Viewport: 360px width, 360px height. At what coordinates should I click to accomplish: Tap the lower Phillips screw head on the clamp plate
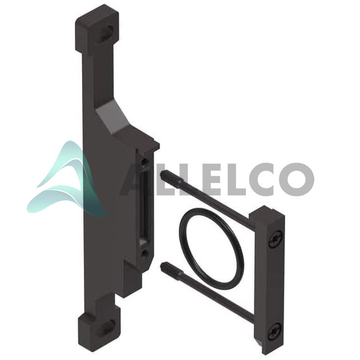(275, 331)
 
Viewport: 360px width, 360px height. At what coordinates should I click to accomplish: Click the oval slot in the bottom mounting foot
(107, 328)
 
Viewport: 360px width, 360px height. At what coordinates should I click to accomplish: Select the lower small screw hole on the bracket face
(145, 253)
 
